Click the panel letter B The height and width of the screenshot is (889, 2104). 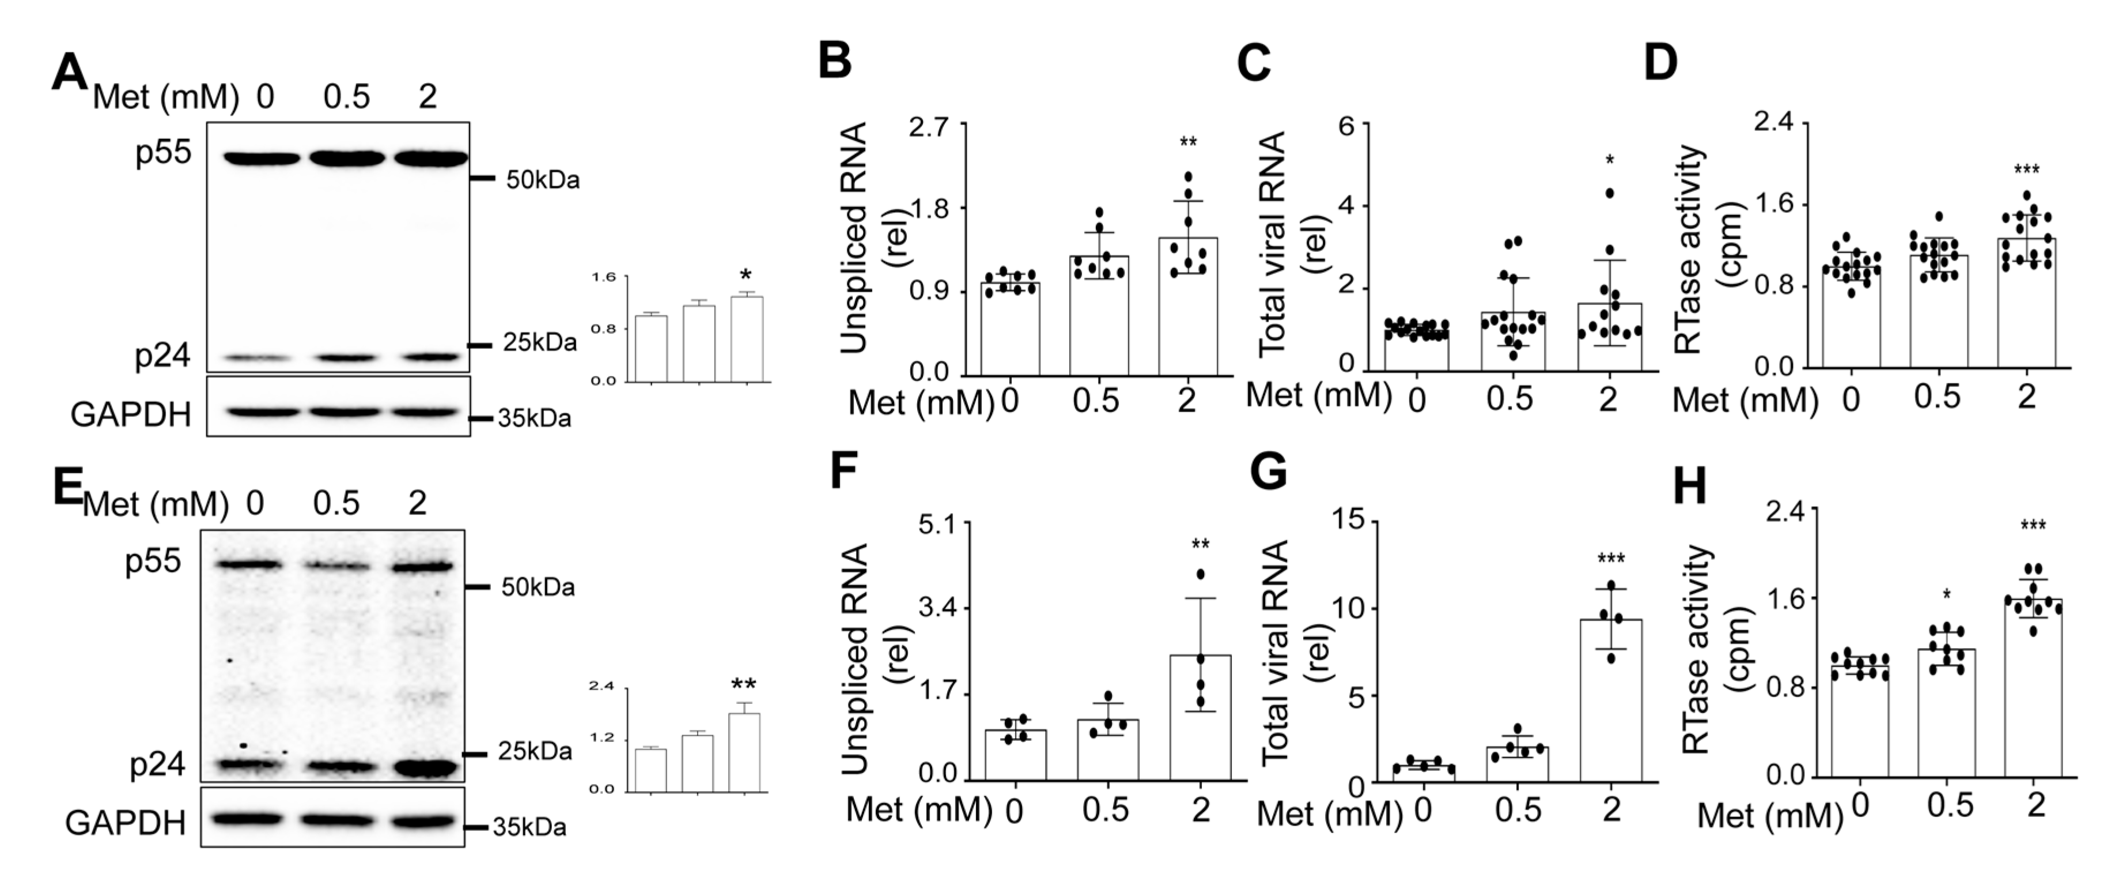(x=835, y=61)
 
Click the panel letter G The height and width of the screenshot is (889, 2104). (x=1269, y=472)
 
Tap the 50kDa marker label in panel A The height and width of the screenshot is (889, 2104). (x=542, y=180)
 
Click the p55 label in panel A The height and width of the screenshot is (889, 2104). (x=164, y=152)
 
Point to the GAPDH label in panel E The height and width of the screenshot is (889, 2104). (x=125, y=822)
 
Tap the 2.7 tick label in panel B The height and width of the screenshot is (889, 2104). (x=929, y=127)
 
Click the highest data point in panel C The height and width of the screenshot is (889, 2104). (x=1610, y=193)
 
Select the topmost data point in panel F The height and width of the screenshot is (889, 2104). (x=1201, y=574)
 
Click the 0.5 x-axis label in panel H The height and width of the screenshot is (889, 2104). (x=1949, y=807)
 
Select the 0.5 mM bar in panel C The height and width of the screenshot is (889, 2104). (x=1513, y=341)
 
